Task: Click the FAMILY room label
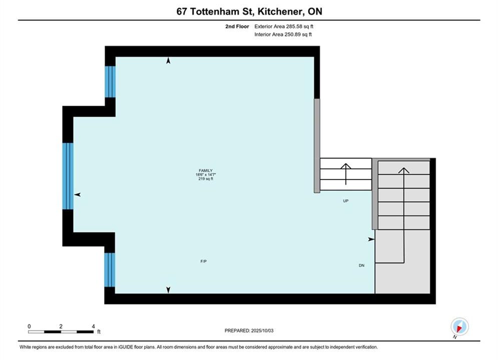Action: coord(206,170)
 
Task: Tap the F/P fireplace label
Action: coord(204,261)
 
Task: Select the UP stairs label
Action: coord(346,201)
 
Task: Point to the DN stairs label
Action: coord(361,265)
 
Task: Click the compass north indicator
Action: coord(459,326)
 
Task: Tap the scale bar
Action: coord(61,332)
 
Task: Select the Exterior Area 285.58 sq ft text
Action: coord(284,26)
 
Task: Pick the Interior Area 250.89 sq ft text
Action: coord(283,34)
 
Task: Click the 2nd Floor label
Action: coord(237,26)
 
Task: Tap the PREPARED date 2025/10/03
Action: coord(262,330)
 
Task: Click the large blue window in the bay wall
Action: coord(68,176)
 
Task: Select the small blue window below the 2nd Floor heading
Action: coord(110,82)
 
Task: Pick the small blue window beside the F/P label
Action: coord(110,270)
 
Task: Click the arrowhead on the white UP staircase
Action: coord(346,166)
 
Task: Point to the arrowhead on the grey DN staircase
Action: coord(404,170)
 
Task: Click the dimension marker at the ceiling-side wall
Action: coord(168,60)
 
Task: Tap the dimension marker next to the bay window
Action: coord(77,194)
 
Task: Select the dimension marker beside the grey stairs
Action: coord(371,239)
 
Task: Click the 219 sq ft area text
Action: coord(206,179)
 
